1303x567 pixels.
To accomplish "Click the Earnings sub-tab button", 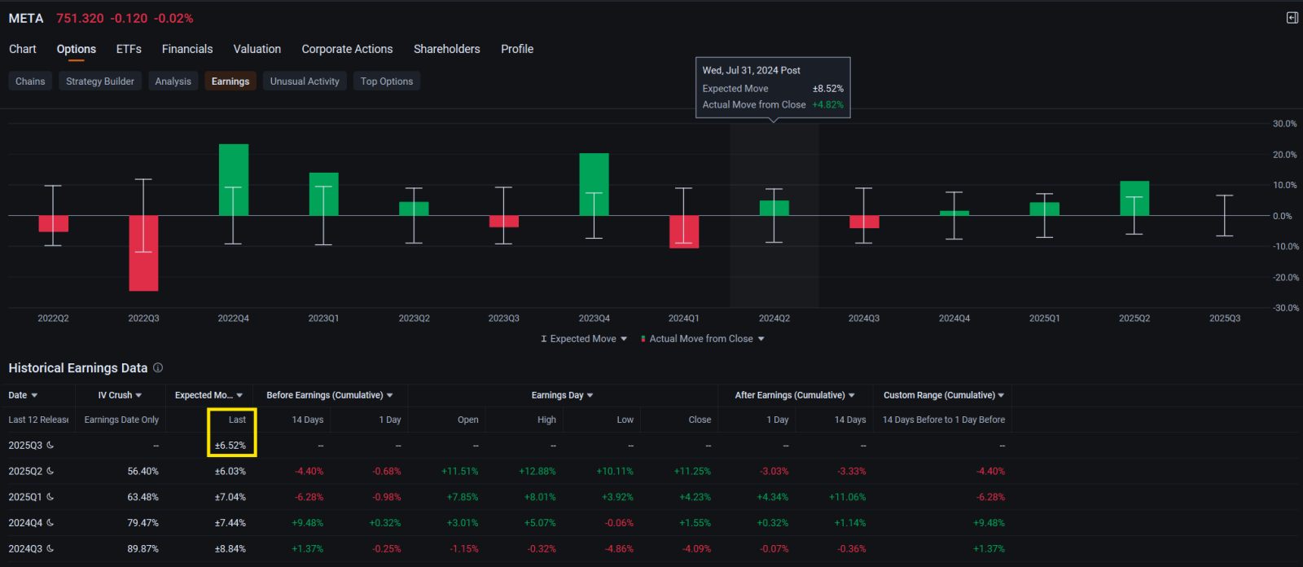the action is (230, 81).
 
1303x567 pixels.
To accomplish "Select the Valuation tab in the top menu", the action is (257, 49).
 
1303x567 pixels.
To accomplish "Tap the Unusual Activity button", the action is (305, 81).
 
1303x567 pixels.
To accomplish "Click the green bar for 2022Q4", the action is (234, 180).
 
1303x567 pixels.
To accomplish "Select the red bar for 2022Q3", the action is (143, 253).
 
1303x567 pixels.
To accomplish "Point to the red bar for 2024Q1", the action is (684, 231).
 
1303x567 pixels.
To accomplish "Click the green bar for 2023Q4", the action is (594, 185).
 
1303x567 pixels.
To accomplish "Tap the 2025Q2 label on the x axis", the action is (1134, 319).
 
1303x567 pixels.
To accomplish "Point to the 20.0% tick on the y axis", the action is (1284, 155).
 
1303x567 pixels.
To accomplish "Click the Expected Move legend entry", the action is (583, 339).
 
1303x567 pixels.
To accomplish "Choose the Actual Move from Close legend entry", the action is (702, 339).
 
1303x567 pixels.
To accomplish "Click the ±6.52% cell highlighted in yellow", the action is (230, 446).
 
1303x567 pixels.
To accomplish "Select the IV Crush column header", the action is (119, 395).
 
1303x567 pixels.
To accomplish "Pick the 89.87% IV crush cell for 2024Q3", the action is (143, 548).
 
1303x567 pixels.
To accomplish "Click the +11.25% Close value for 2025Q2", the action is (692, 471).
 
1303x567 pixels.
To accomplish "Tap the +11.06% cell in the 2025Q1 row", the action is (847, 497).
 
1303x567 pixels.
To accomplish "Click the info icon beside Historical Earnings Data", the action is (158, 368).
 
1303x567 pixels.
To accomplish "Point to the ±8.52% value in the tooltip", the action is (827, 89).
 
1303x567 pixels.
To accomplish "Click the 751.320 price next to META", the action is (80, 19).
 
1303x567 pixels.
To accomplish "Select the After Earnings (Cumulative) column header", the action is (795, 395).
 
